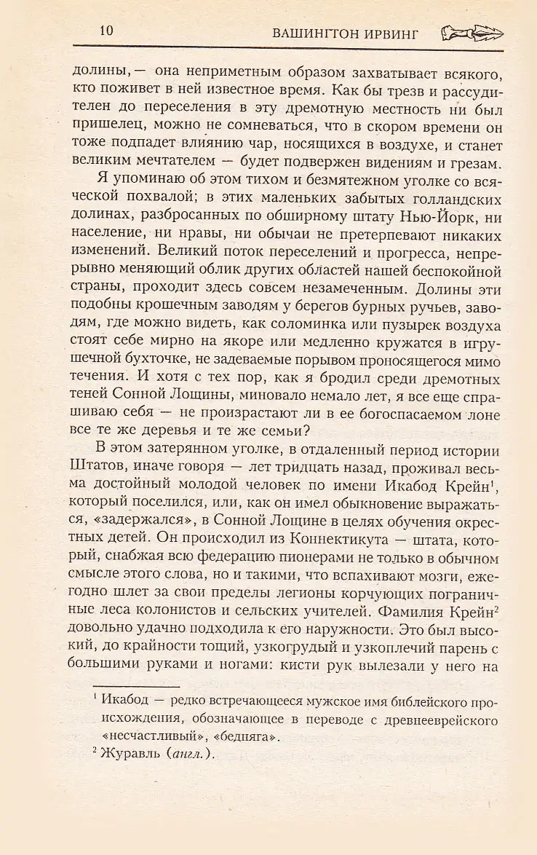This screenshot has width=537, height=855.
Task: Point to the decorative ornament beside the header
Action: pyautogui.click(x=472, y=33)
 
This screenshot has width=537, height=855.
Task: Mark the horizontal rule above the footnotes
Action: pyautogui.click(x=136, y=685)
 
